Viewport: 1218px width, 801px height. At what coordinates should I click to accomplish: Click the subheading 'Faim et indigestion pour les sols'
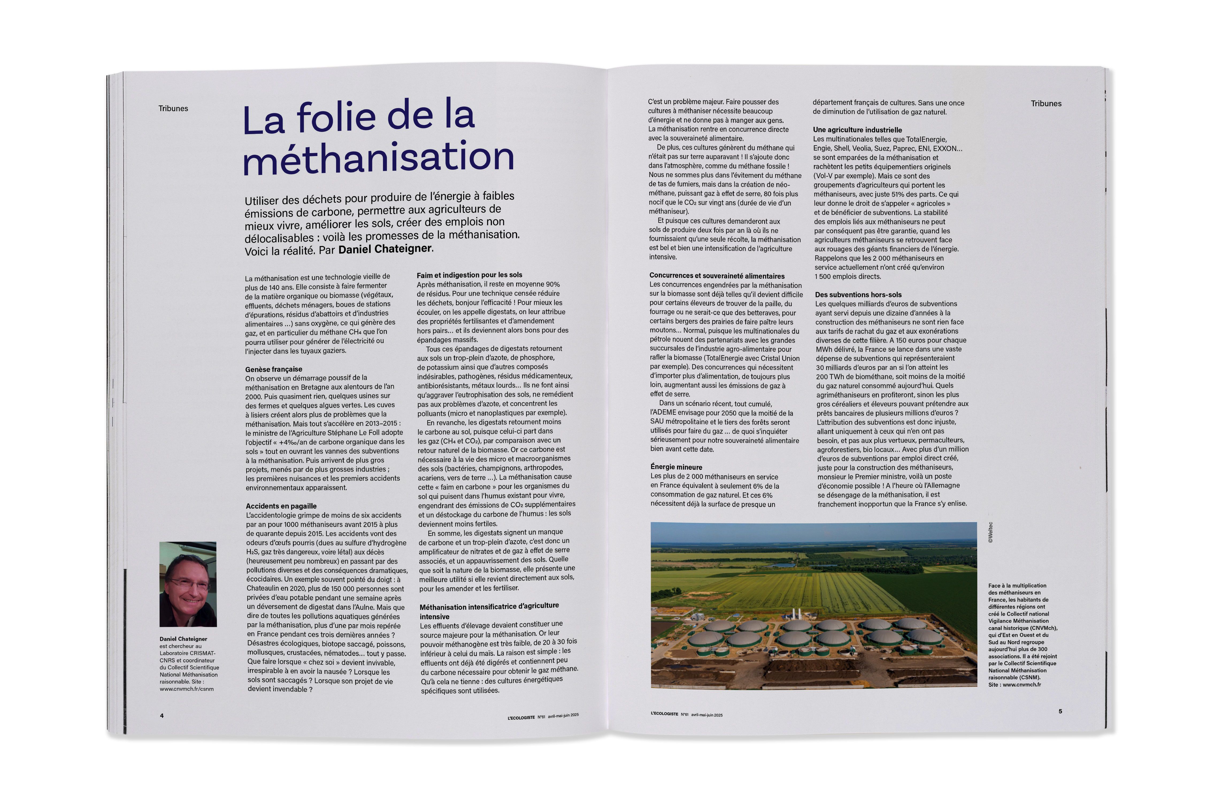point(469,275)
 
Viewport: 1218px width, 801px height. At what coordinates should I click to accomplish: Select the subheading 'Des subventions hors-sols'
point(858,295)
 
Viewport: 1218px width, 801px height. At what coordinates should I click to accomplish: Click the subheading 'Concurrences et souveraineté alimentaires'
point(716,276)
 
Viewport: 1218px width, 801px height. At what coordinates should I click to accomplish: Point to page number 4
point(162,715)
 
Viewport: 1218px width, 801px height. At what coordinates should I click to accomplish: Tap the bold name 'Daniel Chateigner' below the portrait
point(183,639)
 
